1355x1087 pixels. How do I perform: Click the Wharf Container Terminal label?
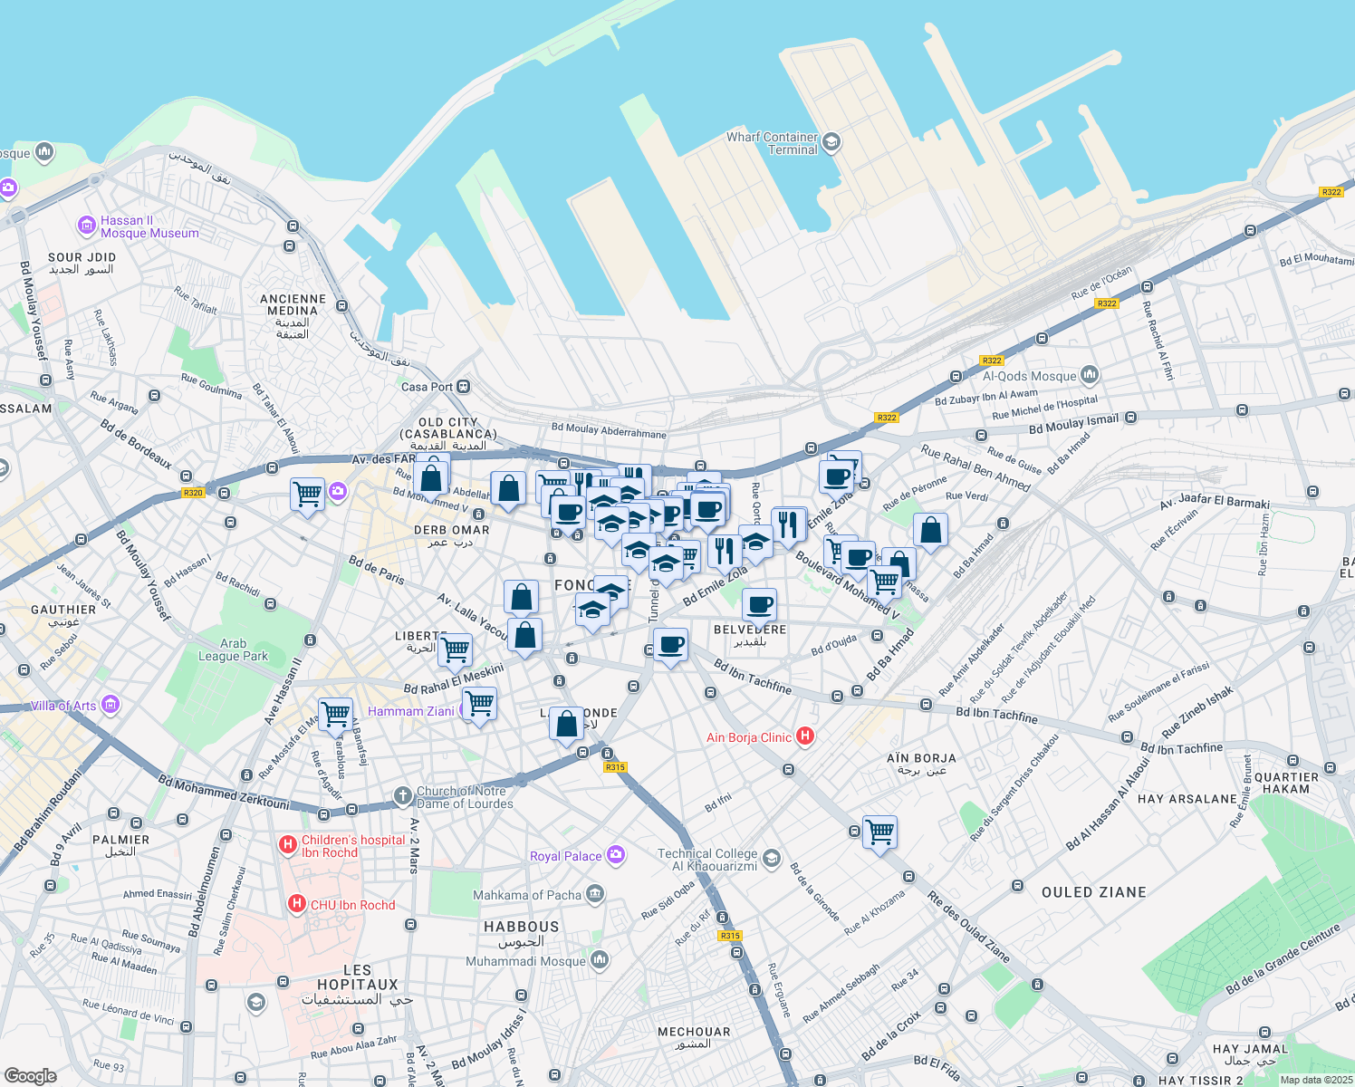pyautogui.click(x=772, y=143)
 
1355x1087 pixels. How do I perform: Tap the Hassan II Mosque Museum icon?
pyautogui.click(x=87, y=225)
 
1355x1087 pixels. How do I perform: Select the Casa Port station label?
pyautogui.click(x=427, y=387)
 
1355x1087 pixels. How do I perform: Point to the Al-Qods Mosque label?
pyautogui.click(x=1029, y=376)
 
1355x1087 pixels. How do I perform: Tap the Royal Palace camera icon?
pyautogui.click(x=617, y=854)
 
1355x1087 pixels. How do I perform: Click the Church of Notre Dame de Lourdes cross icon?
pyautogui.click(x=403, y=796)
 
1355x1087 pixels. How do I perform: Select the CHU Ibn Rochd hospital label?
pyautogui.click(x=352, y=905)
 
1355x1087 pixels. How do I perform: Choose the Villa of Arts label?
pyautogui.click(x=62, y=706)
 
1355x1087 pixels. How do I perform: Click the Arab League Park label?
pyautogui.click(x=233, y=649)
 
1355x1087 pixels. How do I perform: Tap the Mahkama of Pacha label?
pyautogui.click(x=527, y=895)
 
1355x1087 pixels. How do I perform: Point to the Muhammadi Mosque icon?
pyautogui.click(x=600, y=959)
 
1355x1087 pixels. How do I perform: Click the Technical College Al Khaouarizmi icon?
pyautogui.click(x=771, y=858)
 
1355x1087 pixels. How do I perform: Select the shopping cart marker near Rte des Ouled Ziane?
pyautogui.click(x=880, y=832)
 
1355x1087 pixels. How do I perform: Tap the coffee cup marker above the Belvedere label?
pyautogui.click(x=760, y=603)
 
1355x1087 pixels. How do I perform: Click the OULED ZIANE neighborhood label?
pyautogui.click(x=1093, y=892)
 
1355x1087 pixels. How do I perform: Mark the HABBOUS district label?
pyautogui.click(x=521, y=927)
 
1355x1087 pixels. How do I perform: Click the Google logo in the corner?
pyautogui.click(x=30, y=1075)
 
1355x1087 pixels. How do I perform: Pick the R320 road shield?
pyautogui.click(x=193, y=493)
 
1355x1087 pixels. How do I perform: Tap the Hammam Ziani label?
pyautogui.click(x=410, y=711)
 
